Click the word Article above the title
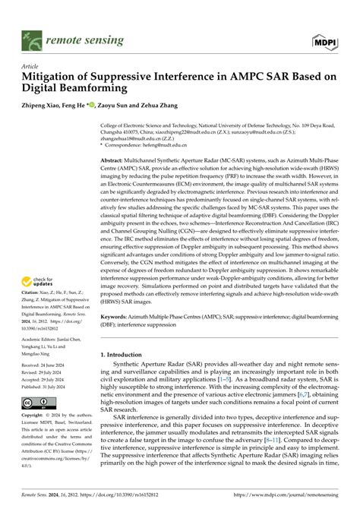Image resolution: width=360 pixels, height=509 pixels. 30,66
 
